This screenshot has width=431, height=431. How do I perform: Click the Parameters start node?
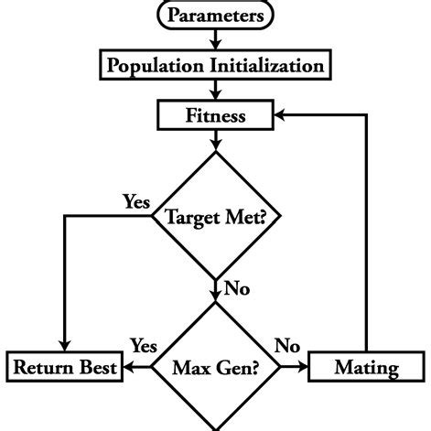pyautogui.click(x=215, y=16)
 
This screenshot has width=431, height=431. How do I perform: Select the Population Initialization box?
pyautogui.click(x=215, y=66)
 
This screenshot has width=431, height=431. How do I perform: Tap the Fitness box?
pyautogui.click(x=215, y=116)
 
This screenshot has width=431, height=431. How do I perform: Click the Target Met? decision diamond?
pyautogui.click(x=215, y=217)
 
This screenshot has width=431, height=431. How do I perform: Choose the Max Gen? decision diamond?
pyautogui.click(x=215, y=369)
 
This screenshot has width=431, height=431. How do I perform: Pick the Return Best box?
pyautogui.click(x=64, y=369)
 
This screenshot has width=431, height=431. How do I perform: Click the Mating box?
pyautogui.click(x=366, y=369)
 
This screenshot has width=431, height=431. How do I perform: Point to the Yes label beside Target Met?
pyautogui.click(x=137, y=201)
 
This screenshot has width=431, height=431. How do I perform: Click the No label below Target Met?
pyautogui.click(x=236, y=290)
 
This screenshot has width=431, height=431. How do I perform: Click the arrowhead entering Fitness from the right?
pyautogui.click(x=278, y=116)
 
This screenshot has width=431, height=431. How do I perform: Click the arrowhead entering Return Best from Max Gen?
pyautogui.click(x=129, y=369)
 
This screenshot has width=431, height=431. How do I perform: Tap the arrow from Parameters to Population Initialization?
pyautogui.click(x=215, y=39)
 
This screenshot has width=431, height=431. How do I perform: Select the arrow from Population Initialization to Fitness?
pyautogui.click(x=215, y=91)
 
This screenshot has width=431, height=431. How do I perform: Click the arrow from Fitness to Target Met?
pyautogui.click(x=215, y=140)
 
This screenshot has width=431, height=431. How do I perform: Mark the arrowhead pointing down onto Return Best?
pyautogui.click(x=64, y=347)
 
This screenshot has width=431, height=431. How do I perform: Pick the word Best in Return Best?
pyautogui.click(x=94, y=369)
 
